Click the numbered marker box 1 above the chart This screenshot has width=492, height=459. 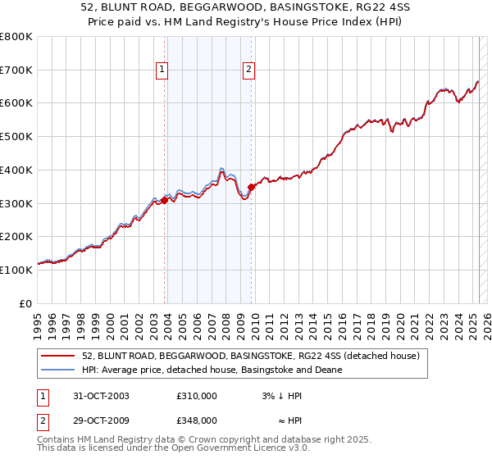162,70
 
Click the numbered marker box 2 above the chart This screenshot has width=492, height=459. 248,70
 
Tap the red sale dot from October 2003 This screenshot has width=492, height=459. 165,199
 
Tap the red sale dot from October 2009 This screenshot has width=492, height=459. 251,187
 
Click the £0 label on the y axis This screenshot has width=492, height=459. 25,303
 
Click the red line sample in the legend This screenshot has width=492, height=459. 57,356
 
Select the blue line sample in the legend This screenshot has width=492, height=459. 57,370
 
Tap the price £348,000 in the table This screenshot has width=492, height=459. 197,420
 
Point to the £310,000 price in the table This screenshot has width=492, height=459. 197,396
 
